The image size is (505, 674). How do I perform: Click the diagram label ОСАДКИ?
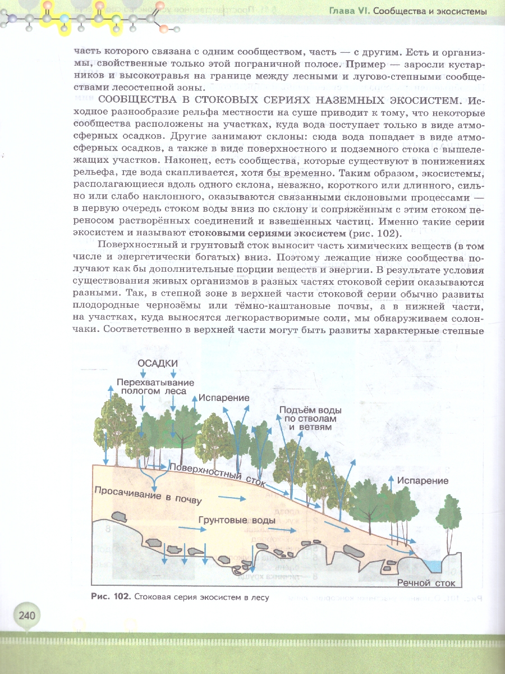click(x=158, y=363)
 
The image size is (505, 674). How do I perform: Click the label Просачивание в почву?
click(x=147, y=495)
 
